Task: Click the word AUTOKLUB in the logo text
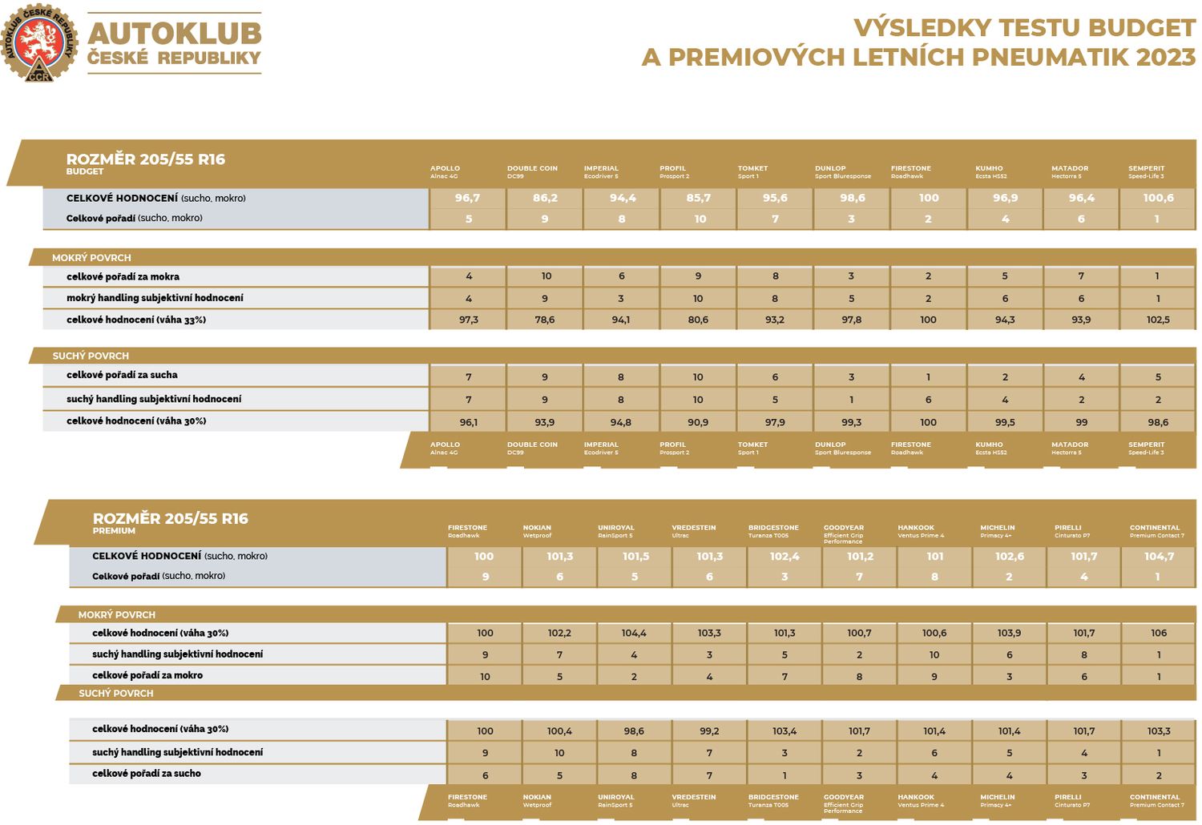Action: click(x=174, y=34)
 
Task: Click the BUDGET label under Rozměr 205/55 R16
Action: click(x=85, y=171)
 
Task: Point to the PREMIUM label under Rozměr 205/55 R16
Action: click(x=114, y=531)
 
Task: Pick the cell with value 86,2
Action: click(x=545, y=198)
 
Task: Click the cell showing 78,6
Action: click(x=545, y=320)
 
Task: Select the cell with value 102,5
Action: click(x=1158, y=320)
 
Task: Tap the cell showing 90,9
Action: click(x=698, y=422)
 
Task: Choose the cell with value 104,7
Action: click(x=1159, y=556)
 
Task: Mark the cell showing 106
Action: click(x=1159, y=633)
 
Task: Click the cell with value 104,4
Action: click(x=634, y=633)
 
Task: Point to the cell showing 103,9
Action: click(x=1009, y=633)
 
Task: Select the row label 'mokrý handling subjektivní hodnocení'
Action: click(x=155, y=298)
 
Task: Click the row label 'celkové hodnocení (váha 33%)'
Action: click(x=136, y=320)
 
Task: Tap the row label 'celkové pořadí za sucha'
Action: click(x=122, y=375)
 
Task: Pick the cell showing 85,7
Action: click(x=699, y=198)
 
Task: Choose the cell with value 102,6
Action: click(x=1010, y=556)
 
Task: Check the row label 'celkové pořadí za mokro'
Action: click(x=147, y=675)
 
